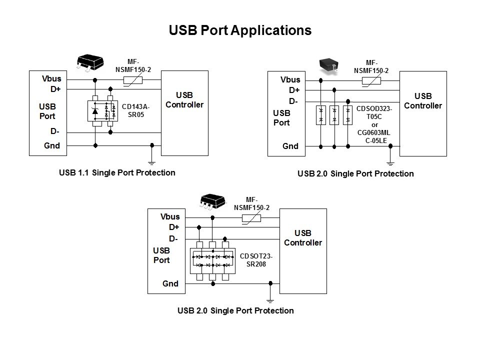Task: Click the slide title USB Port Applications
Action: pos(240,30)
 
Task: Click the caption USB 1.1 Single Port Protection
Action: pos(117,172)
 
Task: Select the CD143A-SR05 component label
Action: pos(135,110)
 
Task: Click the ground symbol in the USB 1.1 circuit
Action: pos(152,161)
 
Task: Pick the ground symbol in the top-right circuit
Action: pos(391,162)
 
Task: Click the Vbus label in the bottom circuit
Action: pos(170,217)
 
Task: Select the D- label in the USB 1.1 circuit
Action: pos(55,131)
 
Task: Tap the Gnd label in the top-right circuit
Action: pos(290,146)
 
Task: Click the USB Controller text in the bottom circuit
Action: pos(303,238)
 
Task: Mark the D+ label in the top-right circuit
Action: pos(294,90)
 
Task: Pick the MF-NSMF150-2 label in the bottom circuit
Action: pos(252,204)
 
